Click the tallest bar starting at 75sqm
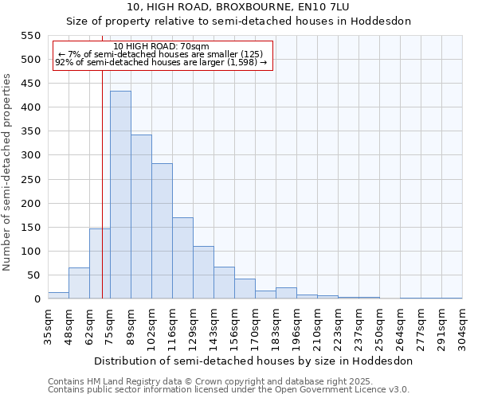pos(120,195)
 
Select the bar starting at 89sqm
pos(141,217)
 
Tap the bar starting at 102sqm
pos(162,231)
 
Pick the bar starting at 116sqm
pos(182,258)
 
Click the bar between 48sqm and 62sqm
pos(79,283)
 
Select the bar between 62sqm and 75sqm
pos(100,263)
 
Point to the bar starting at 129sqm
pos(203,272)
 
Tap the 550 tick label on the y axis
pos(29,36)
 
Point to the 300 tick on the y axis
pos(29,155)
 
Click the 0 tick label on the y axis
pos(37,299)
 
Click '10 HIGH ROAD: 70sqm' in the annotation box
pos(162,46)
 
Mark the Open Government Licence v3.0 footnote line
pos(229,390)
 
